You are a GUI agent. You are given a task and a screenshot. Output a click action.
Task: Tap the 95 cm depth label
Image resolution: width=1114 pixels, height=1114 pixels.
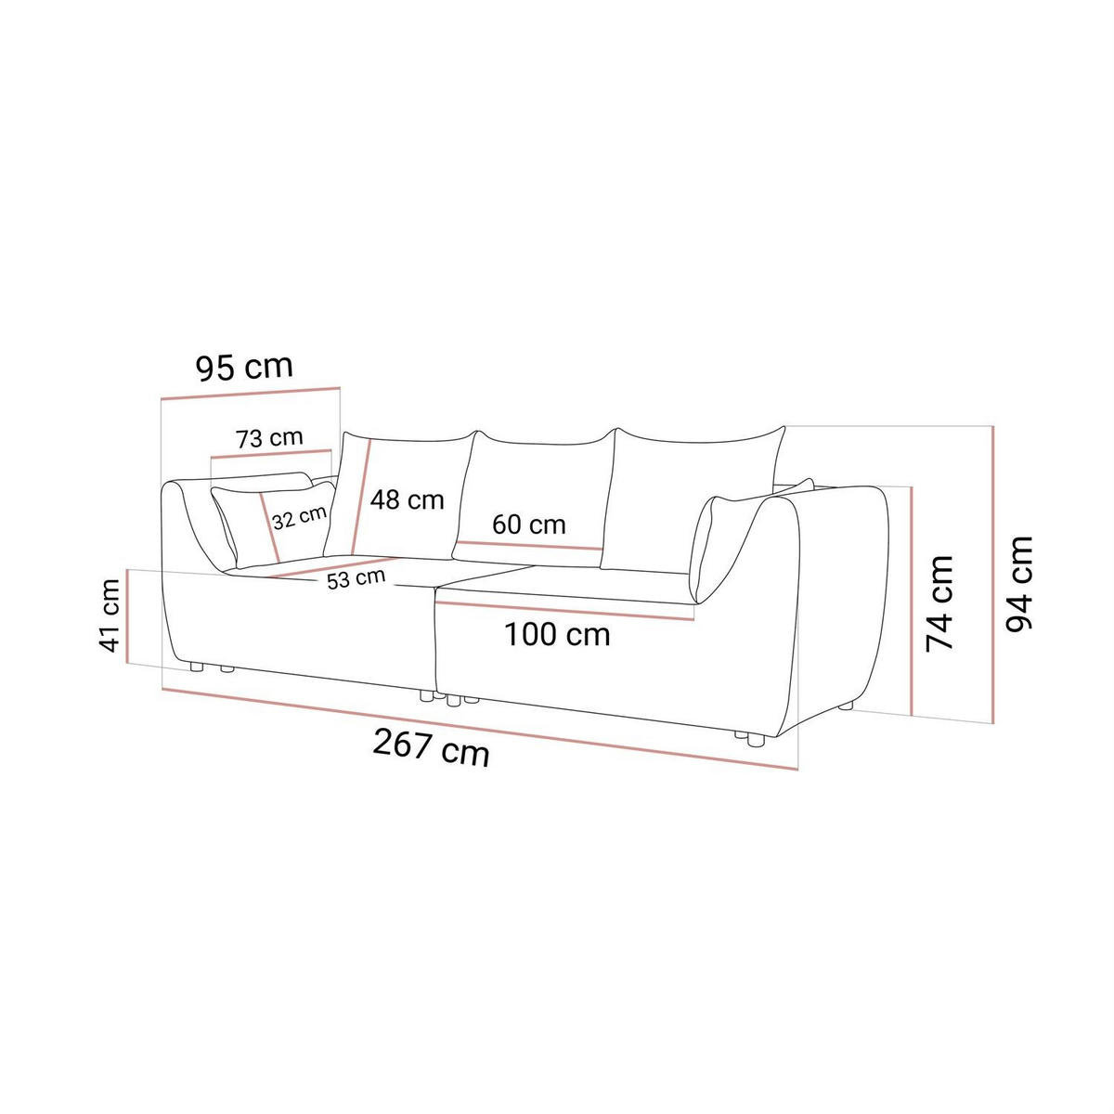(x=244, y=367)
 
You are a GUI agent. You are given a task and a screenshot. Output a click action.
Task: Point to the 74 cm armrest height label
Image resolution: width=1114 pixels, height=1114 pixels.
(x=939, y=603)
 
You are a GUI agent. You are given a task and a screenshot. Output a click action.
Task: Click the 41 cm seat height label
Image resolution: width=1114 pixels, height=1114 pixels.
(x=110, y=615)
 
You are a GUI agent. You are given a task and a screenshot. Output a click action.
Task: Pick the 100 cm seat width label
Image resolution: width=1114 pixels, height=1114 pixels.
(x=557, y=635)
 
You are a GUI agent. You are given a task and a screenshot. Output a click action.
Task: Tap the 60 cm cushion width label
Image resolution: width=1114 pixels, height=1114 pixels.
(x=528, y=525)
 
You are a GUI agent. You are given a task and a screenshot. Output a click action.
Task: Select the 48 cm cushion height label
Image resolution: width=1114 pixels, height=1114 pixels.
(x=407, y=500)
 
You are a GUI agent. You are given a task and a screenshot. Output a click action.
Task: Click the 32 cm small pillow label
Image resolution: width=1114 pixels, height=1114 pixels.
(x=299, y=518)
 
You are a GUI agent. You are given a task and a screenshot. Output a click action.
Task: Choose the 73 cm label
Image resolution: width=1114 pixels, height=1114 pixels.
(x=269, y=438)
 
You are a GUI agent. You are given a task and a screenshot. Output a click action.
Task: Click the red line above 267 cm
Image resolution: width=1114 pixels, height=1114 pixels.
(x=480, y=729)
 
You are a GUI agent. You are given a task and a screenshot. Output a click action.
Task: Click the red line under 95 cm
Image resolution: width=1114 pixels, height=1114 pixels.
(x=251, y=393)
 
